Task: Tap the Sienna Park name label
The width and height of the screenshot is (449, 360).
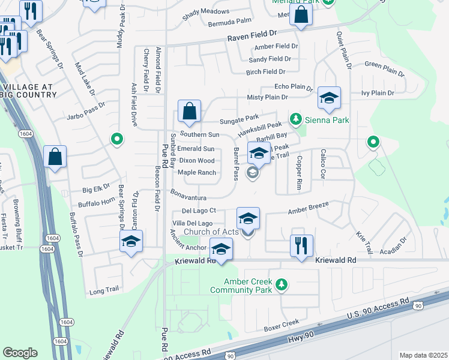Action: click(319, 120)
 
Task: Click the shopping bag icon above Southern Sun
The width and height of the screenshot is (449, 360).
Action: click(189, 112)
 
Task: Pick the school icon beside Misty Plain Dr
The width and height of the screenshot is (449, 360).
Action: click(329, 99)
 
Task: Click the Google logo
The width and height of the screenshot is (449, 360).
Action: click(20, 352)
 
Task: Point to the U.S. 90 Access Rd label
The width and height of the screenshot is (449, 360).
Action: click(378, 307)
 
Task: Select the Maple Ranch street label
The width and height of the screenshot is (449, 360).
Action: click(197, 173)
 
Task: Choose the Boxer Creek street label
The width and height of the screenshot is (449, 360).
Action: click(282, 328)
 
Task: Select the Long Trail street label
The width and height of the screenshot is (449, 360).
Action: click(104, 290)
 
